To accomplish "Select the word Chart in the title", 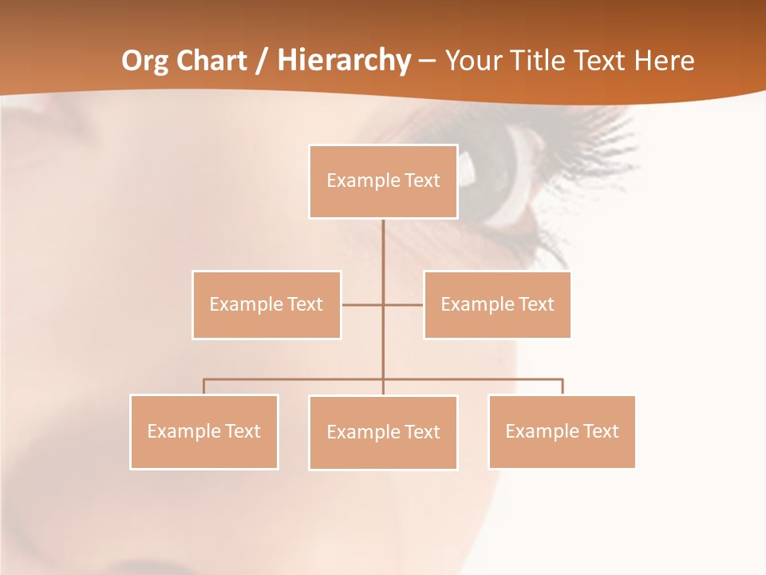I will click(x=210, y=61).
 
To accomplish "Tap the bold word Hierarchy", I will click(x=344, y=61).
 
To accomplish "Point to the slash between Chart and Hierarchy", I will click(x=262, y=61).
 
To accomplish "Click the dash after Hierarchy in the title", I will click(x=427, y=61).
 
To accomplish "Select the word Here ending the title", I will click(x=664, y=61).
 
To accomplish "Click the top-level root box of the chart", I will click(x=383, y=181).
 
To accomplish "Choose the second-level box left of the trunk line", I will click(x=267, y=304).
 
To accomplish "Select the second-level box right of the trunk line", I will click(x=497, y=304).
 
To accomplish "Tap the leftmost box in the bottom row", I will click(x=204, y=432).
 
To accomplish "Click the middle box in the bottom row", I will click(x=383, y=433).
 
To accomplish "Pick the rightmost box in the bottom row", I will click(x=562, y=432).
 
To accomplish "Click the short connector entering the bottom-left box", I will click(x=204, y=387).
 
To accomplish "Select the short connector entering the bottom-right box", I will click(x=562, y=387).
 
